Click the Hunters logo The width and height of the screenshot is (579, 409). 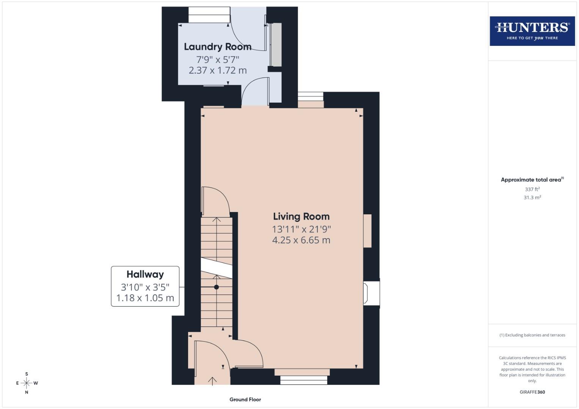click(x=532, y=31)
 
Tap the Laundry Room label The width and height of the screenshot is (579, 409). click(x=218, y=47)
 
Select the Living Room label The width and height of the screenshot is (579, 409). click(x=301, y=217)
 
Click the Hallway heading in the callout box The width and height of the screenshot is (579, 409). click(x=145, y=274)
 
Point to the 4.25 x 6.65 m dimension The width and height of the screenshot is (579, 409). click(x=301, y=240)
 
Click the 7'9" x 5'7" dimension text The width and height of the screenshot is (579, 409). click(x=218, y=59)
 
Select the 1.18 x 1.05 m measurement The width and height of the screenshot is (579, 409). click(x=145, y=298)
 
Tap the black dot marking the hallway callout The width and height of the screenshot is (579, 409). click(x=217, y=287)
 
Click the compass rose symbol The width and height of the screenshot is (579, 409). click(x=27, y=383)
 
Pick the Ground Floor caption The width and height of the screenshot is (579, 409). click(x=245, y=400)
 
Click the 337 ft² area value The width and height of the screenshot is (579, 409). click(x=532, y=189)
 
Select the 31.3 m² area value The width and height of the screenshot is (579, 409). click(x=532, y=197)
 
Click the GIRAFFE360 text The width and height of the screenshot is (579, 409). click(x=532, y=392)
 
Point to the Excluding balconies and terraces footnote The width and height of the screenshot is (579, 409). click(x=532, y=335)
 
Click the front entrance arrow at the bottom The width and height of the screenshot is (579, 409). click(x=212, y=381)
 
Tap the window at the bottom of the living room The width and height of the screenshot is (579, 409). click(x=304, y=380)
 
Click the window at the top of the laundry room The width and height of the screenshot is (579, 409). click(x=209, y=15)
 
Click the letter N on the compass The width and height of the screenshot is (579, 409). click(x=27, y=392)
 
